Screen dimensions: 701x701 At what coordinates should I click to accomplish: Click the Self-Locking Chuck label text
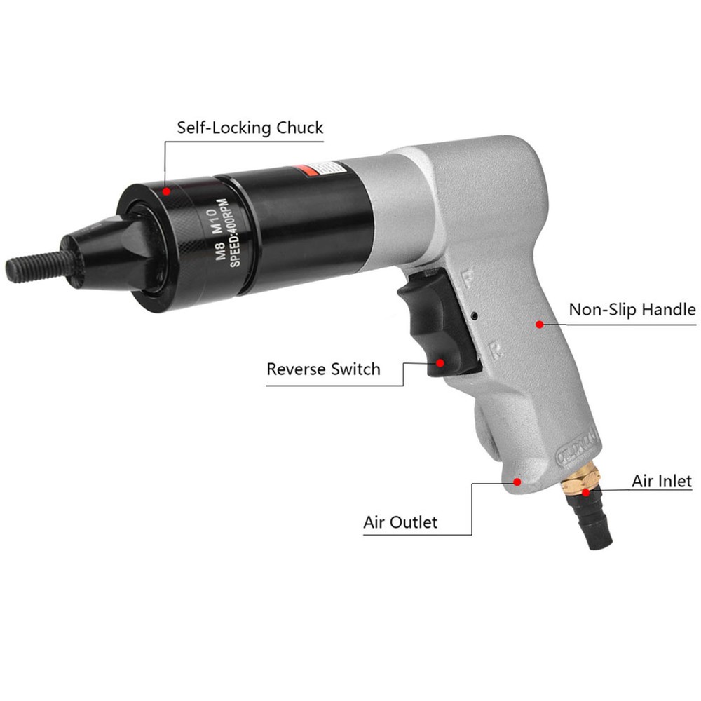point(250,128)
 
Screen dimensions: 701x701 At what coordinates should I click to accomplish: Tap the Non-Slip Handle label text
point(632,309)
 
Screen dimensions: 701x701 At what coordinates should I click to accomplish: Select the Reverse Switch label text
point(323,369)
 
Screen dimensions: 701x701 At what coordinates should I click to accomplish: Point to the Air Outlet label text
point(400,522)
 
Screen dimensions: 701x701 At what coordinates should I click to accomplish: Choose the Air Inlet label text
point(662,481)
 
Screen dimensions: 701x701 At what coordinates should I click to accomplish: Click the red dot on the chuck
point(166,191)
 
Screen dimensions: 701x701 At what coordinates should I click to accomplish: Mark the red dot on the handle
point(539,324)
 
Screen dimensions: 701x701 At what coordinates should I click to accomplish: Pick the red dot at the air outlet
point(517,482)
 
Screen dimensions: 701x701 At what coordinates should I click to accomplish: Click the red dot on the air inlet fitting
point(585,494)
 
